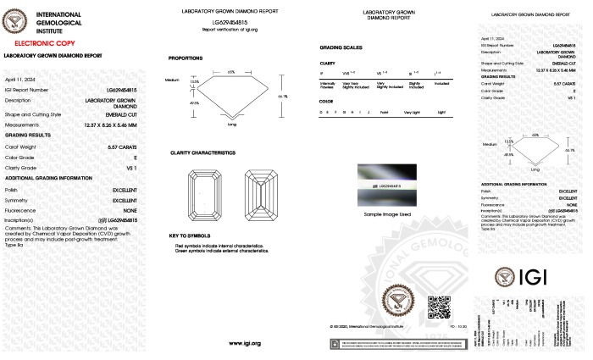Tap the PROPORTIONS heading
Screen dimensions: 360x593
click(186, 58)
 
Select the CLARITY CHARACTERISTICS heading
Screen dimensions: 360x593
click(202, 152)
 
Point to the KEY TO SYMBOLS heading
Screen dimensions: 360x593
click(189, 235)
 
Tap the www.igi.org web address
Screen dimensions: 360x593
click(244, 343)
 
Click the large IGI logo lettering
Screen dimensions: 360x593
click(540, 277)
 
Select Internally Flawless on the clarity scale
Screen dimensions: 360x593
click(328, 86)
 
